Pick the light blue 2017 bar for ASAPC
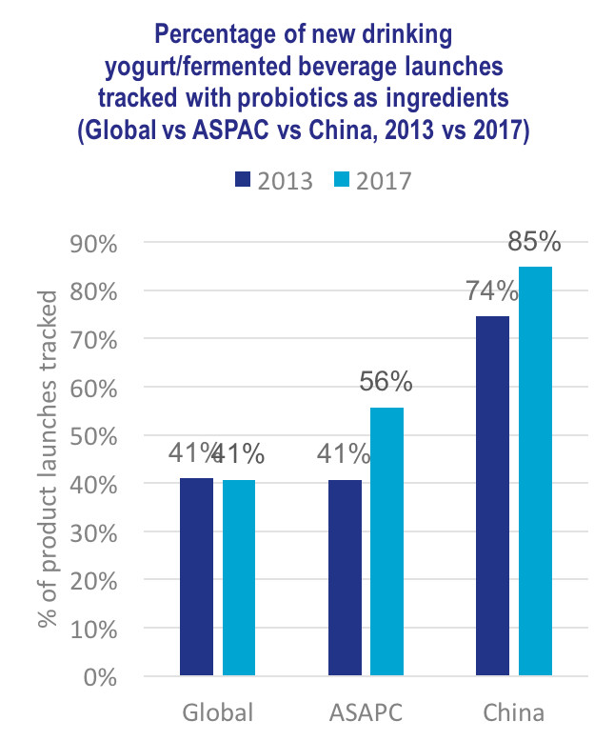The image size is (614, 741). pyautogui.click(x=386, y=542)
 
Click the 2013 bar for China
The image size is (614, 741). pyautogui.click(x=492, y=495)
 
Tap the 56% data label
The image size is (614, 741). pyautogui.click(x=386, y=383)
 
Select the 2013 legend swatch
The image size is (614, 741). pyautogui.click(x=241, y=180)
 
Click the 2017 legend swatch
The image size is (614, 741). pyautogui.click(x=341, y=180)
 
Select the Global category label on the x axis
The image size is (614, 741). pyautogui.click(x=218, y=713)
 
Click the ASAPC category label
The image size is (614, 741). pyautogui.click(x=366, y=713)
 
